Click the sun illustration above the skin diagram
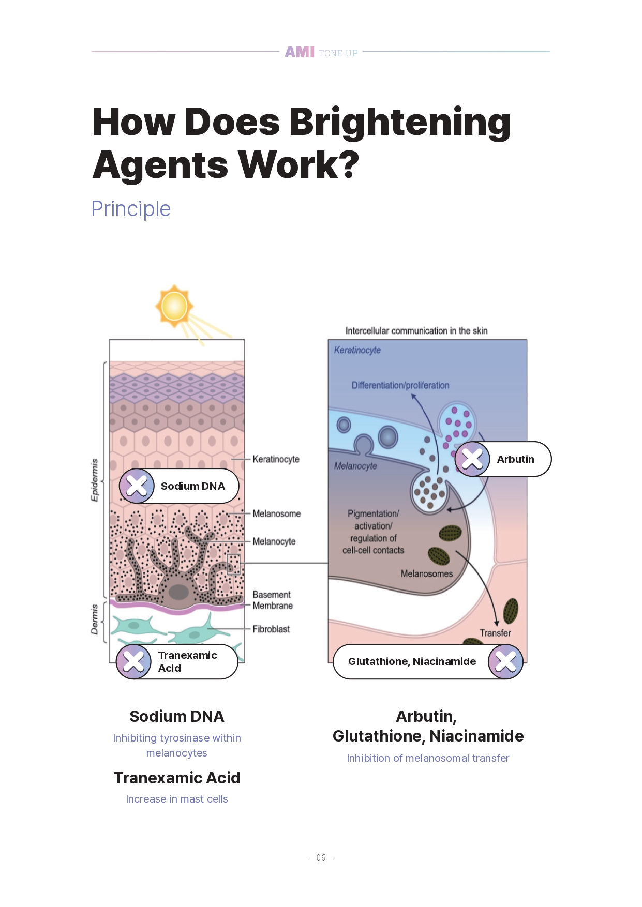(174, 306)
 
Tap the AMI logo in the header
(300, 52)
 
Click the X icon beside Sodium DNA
(137, 486)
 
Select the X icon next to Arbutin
(472, 459)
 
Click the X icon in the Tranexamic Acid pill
(134, 661)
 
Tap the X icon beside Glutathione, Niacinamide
(505, 661)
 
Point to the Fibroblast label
(271, 629)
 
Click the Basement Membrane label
(273, 600)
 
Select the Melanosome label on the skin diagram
(276, 513)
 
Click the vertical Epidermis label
(95, 480)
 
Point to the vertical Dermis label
(95, 619)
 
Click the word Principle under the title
(131, 209)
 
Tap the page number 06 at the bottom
(321, 858)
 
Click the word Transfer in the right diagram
(495, 633)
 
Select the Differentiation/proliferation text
(400, 385)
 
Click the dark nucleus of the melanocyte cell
(178, 592)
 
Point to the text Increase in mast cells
(177, 799)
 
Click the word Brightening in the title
(400, 122)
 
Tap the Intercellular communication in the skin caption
(416, 331)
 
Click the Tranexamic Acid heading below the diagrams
(177, 778)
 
